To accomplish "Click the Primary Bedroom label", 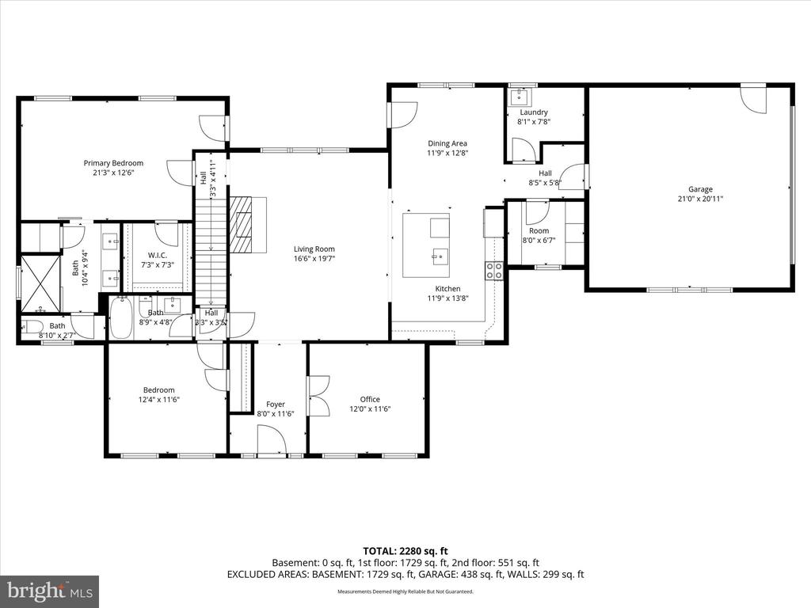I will (x=113, y=163).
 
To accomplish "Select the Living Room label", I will (x=314, y=249).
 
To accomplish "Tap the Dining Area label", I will (x=447, y=143).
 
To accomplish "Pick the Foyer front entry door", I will (x=272, y=439).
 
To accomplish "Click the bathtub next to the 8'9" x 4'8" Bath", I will (x=121, y=317).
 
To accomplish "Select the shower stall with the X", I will (x=40, y=283).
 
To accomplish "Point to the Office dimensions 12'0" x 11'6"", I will (x=370, y=409).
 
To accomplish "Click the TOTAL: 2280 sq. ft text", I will (x=405, y=550).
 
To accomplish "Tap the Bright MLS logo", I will (x=49, y=591).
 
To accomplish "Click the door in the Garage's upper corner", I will (x=753, y=98).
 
